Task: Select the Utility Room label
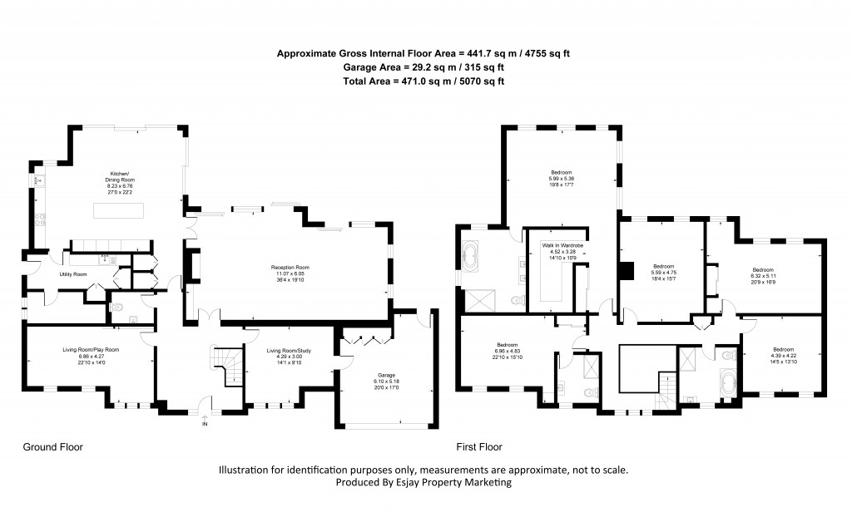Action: tap(73, 273)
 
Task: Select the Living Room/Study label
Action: tap(285, 351)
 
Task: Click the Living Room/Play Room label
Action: tap(91, 351)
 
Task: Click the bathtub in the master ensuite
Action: tap(471, 256)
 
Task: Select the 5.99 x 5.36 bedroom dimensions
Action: tap(561, 180)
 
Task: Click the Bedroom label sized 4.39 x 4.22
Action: tap(784, 349)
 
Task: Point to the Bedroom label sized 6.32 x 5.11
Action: tap(764, 270)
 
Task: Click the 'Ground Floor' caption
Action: tap(53, 446)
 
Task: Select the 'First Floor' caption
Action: tap(479, 446)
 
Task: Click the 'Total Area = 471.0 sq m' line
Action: tap(424, 81)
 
